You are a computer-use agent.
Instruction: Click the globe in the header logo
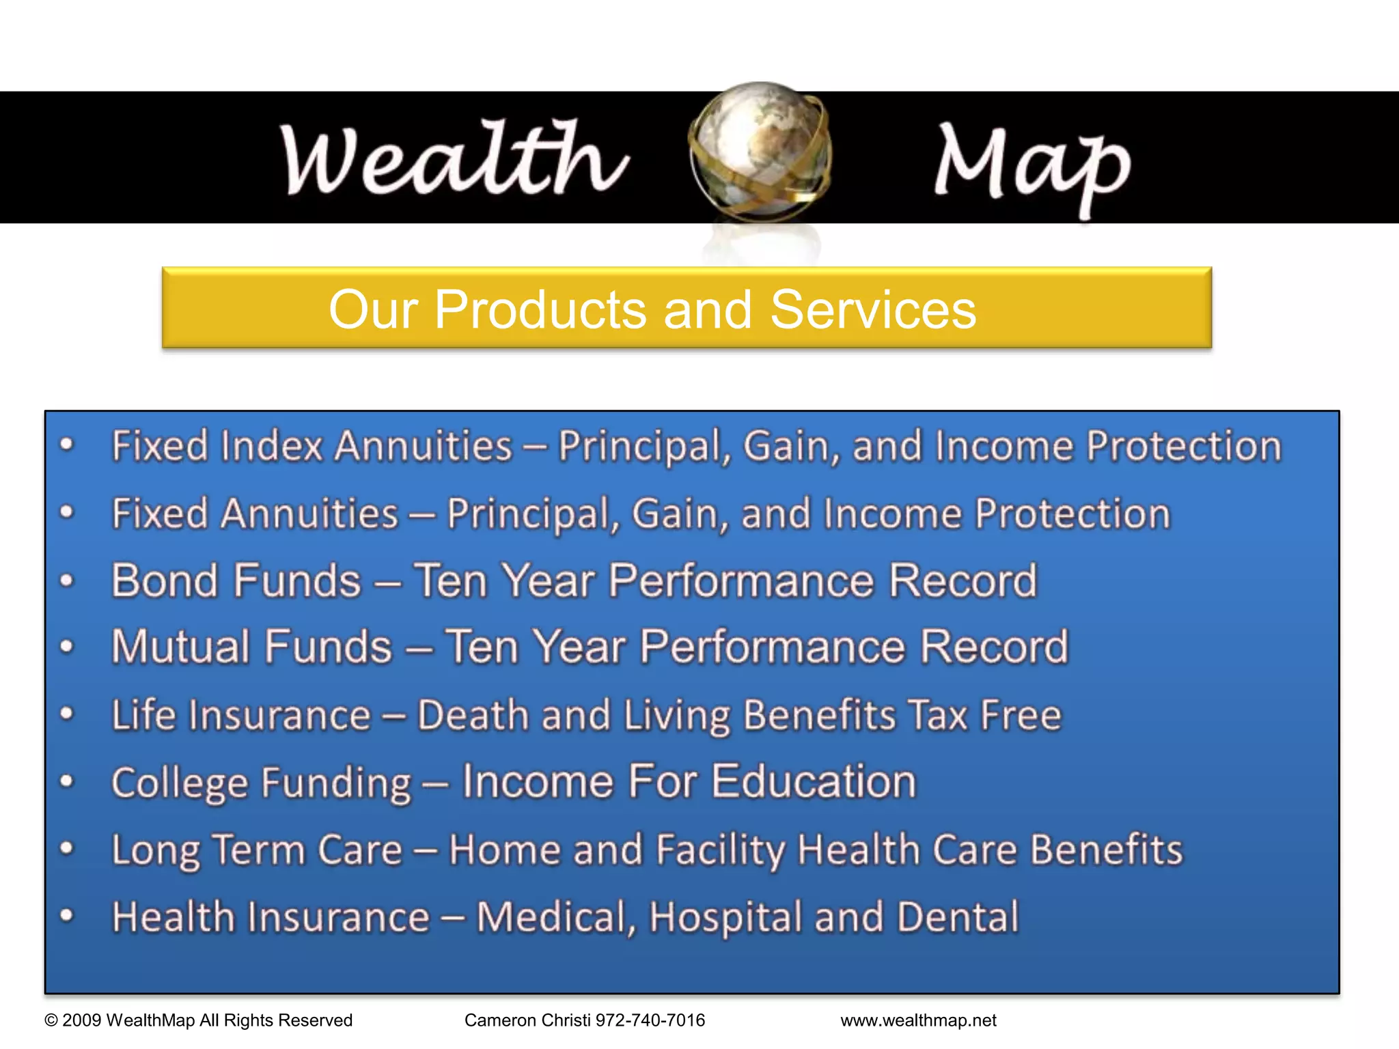pos(760,152)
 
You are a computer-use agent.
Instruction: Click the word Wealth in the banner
pos(454,158)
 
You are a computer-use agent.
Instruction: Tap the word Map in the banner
pos(1031,164)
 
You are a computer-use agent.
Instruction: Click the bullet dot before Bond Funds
pos(66,581)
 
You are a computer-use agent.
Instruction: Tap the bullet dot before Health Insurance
pos(66,915)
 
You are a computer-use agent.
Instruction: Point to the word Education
pos(814,781)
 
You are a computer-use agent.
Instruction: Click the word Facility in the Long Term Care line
pos(720,850)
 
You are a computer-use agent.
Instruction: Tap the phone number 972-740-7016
pos(650,1020)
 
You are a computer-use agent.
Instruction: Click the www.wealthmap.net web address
pos(918,1020)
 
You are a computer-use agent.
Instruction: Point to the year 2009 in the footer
pos(82,1020)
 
